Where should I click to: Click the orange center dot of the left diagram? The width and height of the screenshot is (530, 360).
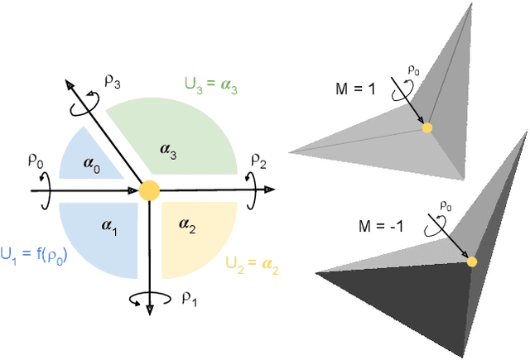pyautogui.click(x=149, y=190)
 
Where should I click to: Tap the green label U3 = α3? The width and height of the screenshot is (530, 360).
pyautogui.click(x=219, y=84)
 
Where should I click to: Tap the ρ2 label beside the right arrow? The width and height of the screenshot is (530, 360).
pyautogui.click(x=259, y=159)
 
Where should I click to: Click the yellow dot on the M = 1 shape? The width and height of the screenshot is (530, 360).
pyautogui.click(x=426, y=127)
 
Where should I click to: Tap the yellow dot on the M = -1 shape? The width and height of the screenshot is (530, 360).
pyautogui.click(x=472, y=262)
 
